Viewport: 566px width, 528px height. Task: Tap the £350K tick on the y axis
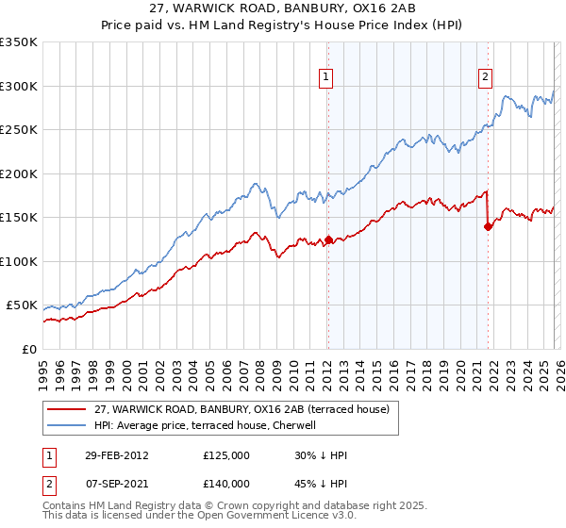(19, 42)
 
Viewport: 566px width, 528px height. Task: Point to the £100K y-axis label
(19, 261)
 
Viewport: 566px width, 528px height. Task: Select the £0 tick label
(30, 349)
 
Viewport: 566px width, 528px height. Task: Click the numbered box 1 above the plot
(326, 78)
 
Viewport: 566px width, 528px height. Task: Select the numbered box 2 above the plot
(486, 78)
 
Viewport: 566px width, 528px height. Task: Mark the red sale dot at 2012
(328, 239)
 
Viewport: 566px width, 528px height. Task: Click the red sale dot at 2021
(488, 226)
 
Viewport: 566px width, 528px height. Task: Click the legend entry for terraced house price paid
(248, 408)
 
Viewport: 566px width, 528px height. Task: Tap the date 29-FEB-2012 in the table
(116, 455)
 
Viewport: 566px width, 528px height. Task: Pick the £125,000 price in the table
(225, 455)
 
